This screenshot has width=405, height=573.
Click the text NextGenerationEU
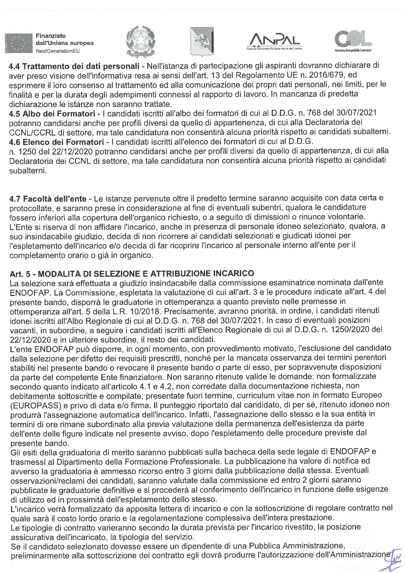click(x=57, y=51)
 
